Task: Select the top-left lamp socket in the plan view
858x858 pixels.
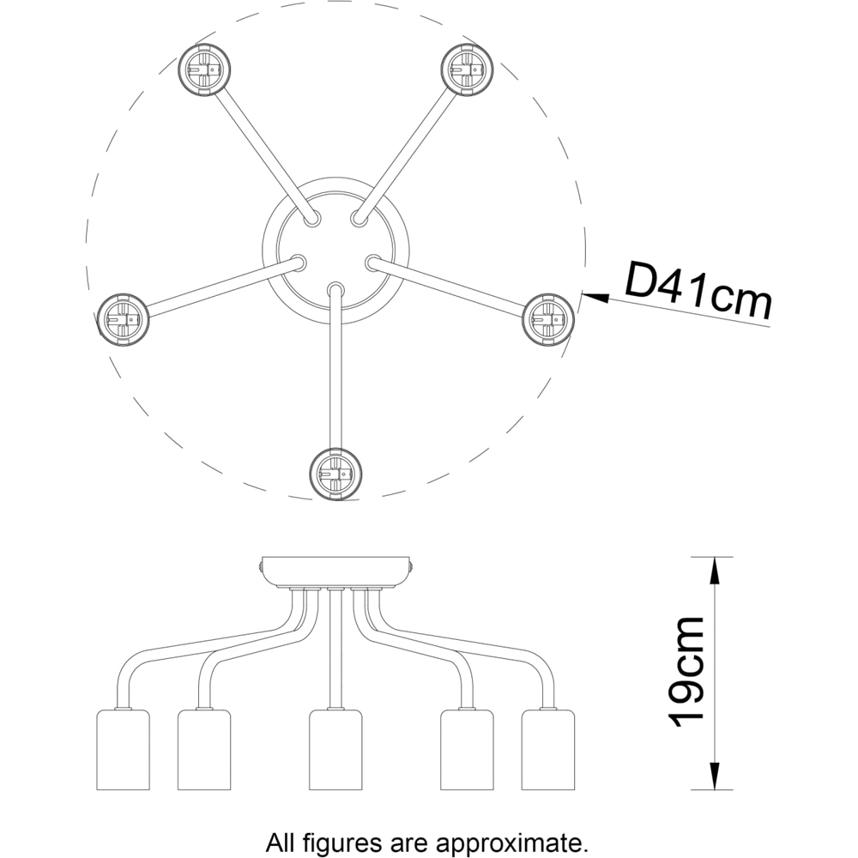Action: pos(205,69)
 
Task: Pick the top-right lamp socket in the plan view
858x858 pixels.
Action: pos(468,69)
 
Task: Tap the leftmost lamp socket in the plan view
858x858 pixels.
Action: pos(123,319)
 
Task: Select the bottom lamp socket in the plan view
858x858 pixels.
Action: pos(335,473)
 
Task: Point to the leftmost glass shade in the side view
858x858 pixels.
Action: pos(121,749)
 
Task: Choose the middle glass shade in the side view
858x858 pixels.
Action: pos(335,749)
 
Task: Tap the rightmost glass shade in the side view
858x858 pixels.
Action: pos(548,749)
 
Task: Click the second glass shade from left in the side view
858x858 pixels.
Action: pos(204,749)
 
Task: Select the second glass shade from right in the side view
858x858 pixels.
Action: pos(467,749)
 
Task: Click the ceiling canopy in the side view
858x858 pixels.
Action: pos(335,571)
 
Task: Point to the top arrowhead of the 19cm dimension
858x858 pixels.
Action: pos(713,566)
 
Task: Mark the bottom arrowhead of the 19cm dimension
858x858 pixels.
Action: pos(713,780)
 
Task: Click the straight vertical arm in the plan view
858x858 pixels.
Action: pos(335,369)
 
